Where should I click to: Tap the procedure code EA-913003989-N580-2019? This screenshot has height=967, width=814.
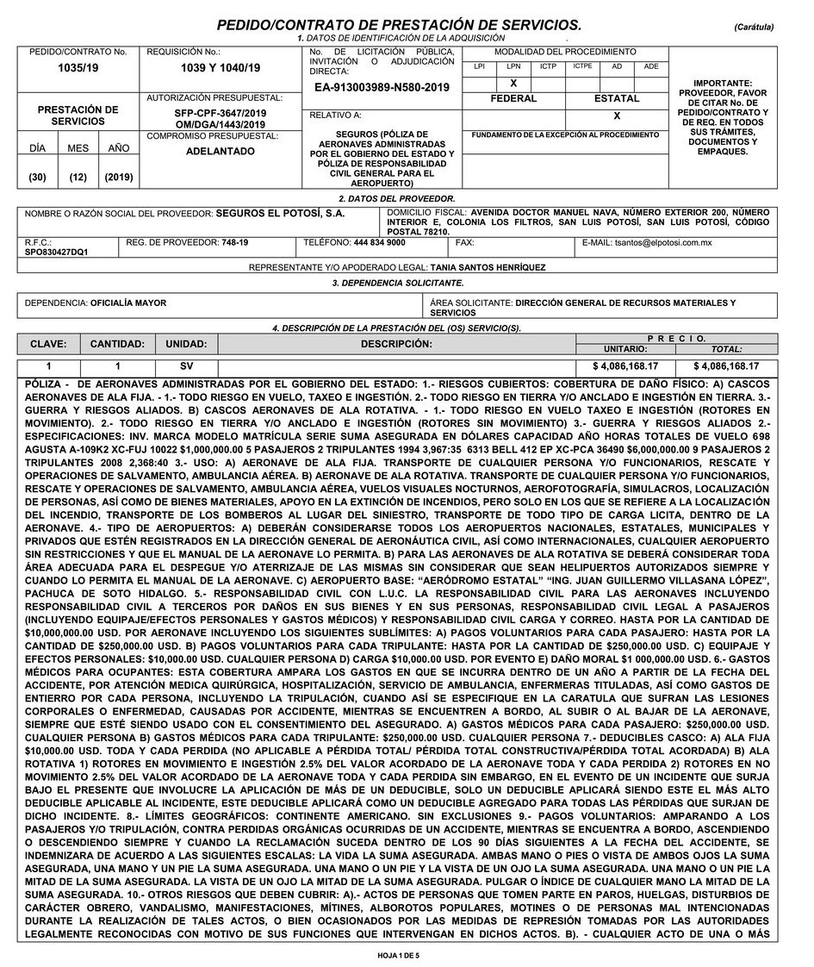[382, 87]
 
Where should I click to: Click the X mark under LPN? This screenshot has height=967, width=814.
[513, 83]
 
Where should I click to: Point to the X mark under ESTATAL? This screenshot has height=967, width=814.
[617, 115]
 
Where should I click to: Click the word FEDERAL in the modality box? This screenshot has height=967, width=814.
[513, 98]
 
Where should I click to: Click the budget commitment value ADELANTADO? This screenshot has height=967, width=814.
[220, 151]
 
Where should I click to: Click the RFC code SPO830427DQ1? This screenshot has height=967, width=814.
[56, 253]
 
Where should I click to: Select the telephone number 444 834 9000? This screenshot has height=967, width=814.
[379, 243]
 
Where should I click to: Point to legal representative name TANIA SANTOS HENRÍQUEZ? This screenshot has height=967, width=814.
[488, 267]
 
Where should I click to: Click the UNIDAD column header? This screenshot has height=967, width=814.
[187, 344]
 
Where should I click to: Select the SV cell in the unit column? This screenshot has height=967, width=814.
[187, 367]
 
